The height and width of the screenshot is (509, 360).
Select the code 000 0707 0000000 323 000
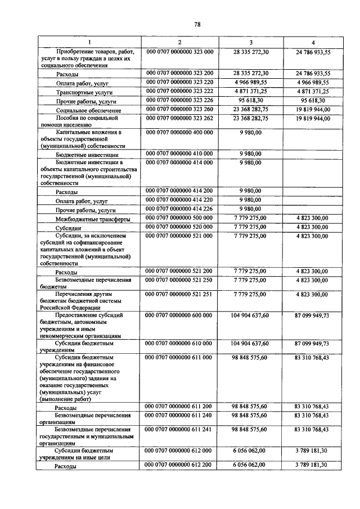pyautogui.click(x=179, y=52)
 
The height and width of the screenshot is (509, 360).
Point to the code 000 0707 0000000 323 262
pyautogui.click(x=179, y=119)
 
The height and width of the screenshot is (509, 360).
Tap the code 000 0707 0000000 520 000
pyautogui.click(x=179, y=227)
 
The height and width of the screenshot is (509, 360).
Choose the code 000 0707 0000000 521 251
pyautogui.click(x=179, y=294)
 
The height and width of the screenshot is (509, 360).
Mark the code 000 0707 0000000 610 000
pyautogui.click(x=179, y=343)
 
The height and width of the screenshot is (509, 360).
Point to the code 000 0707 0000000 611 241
pyautogui.click(x=179, y=429)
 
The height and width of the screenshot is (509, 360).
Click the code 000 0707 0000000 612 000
pyautogui.click(x=179, y=452)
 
